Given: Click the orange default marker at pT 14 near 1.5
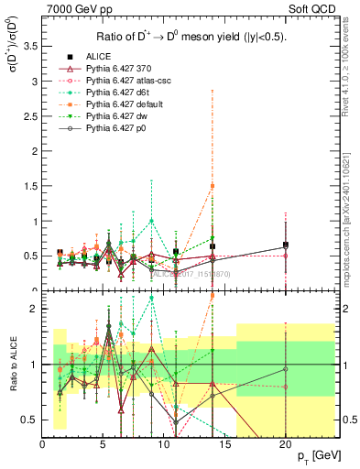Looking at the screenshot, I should click(213, 186).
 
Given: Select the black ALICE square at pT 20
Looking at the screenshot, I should click(286, 245).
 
